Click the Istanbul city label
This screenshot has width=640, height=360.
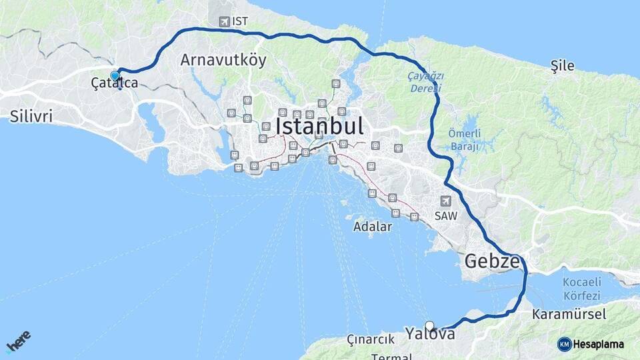click(x=319, y=126)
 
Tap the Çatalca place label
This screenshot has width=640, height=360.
click(x=116, y=83)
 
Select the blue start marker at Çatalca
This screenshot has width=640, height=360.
click(x=115, y=75)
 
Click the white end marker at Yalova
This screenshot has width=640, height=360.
click(x=430, y=326)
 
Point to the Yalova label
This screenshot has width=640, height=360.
click(x=431, y=334)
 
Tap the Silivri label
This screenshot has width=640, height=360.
click(x=31, y=117)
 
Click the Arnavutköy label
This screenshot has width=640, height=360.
click(x=223, y=60)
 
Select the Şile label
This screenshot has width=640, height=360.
click(x=562, y=65)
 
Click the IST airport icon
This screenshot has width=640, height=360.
click(x=223, y=22)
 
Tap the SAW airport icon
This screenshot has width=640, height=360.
click(x=445, y=201)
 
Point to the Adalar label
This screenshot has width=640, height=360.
click(x=373, y=227)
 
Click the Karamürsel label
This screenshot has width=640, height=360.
click(x=559, y=314)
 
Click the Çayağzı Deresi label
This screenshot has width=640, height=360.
click(x=425, y=82)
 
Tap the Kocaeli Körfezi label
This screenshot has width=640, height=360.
click(x=581, y=289)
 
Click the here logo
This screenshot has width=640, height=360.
click(x=18, y=343)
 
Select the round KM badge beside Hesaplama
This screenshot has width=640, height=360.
click(x=564, y=344)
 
